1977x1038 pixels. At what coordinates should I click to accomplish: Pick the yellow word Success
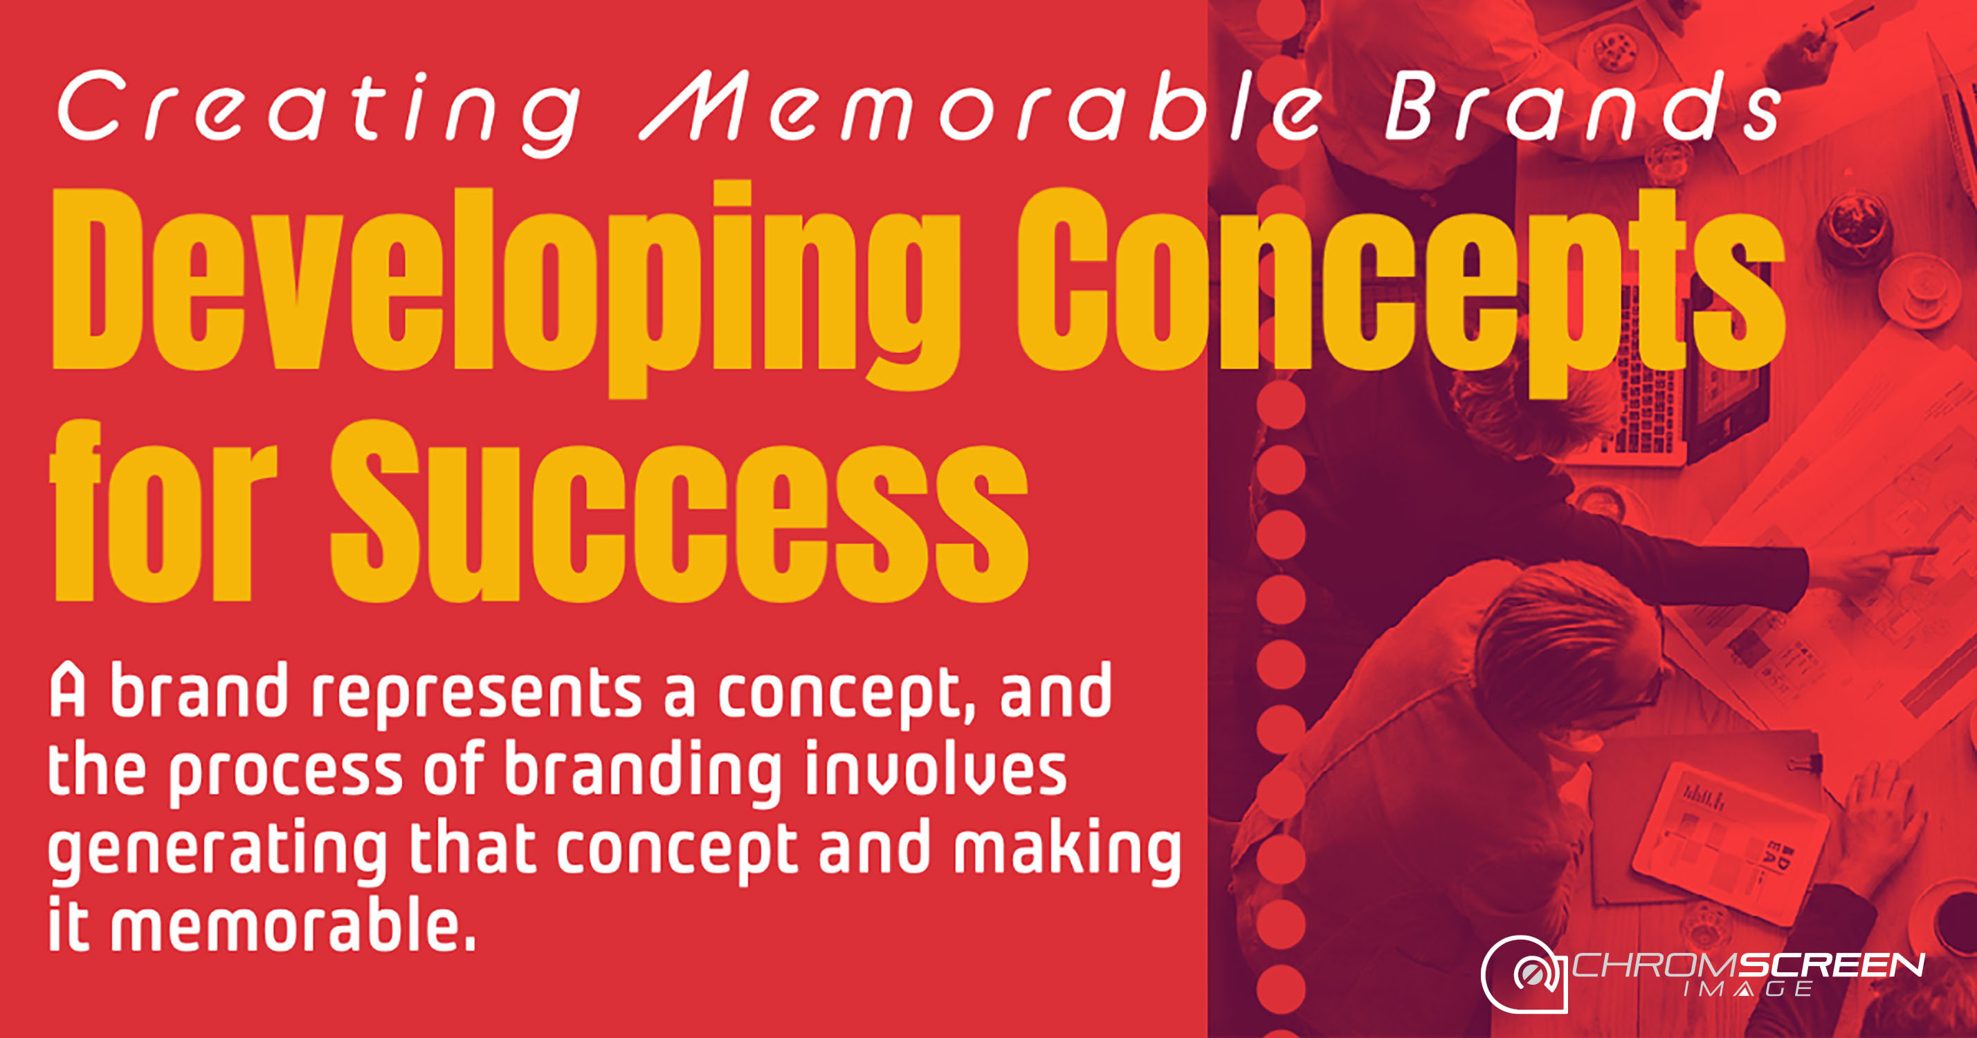tap(680, 511)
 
